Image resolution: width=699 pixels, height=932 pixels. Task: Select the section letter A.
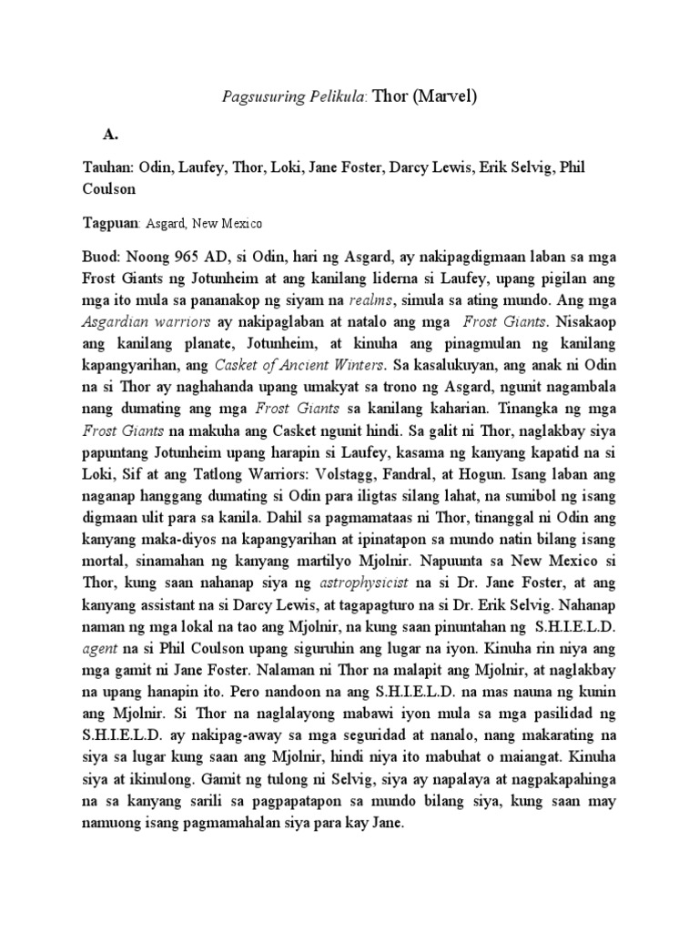pos(111,134)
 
